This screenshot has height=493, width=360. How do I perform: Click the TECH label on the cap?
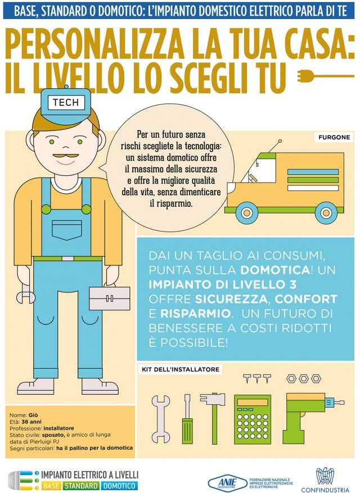point(66,102)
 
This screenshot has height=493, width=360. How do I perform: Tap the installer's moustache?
point(65,156)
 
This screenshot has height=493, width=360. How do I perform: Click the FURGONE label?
point(334,137)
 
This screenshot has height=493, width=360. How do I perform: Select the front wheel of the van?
point(247,212)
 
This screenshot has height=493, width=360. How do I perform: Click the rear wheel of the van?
point(326,212)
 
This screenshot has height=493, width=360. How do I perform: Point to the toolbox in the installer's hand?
point(109,297)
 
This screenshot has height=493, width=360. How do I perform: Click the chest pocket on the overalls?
point(67,230)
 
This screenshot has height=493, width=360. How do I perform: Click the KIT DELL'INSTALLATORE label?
point(181,369)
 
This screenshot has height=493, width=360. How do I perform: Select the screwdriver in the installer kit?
point(187,419)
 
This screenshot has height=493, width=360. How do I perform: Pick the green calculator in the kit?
point(253,419)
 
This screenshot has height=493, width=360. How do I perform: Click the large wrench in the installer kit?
point(161,419)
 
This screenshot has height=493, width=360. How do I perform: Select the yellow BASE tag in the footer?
point(51,486)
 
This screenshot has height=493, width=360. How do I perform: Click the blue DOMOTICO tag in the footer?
point(119,486)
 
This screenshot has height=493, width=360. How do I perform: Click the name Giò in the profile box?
point(33,415)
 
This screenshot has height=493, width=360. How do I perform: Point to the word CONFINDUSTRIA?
point(325,490)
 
